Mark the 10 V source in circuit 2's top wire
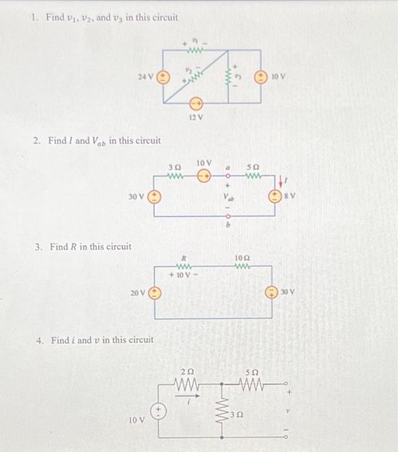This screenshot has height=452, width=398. (x=204, y=174)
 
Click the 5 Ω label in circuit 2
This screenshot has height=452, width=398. (x=253, y=165)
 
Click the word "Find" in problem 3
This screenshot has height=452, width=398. (x=58, y=246)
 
